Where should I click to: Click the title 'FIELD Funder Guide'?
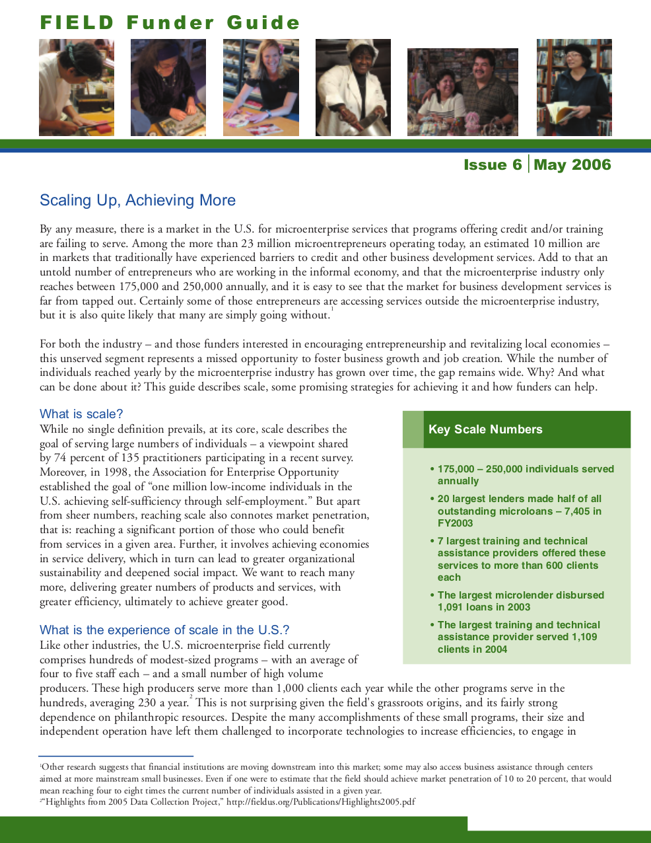[x=170, y=22]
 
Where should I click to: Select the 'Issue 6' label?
[x=493, y=165]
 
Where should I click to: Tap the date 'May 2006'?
[x=572, y=165]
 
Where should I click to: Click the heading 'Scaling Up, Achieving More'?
[x=137, y=200]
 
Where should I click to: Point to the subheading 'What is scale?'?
[x=81, y=414]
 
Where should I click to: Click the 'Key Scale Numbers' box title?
[x=485, y=429]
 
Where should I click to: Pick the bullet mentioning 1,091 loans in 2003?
[x=520, y=601]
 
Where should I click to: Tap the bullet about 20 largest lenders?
[x=519, y=511]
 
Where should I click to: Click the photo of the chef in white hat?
[x=353, y=87]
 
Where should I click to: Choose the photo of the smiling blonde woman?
[x=261, y=87]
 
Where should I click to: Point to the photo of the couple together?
[x=462, y=92]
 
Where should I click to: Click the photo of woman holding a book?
[x=574, y=87]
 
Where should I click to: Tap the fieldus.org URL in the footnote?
[x=321, y=802]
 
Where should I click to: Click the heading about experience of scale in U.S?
[x=164, y=630]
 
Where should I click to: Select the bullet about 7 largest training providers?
[x=521, y=559]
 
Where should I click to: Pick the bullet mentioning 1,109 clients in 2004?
[x=518, y=637]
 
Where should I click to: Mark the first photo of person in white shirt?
[x=76, y=87]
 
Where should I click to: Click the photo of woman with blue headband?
[x=168, y=87]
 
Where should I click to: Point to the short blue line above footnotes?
[x=116, y=756]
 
